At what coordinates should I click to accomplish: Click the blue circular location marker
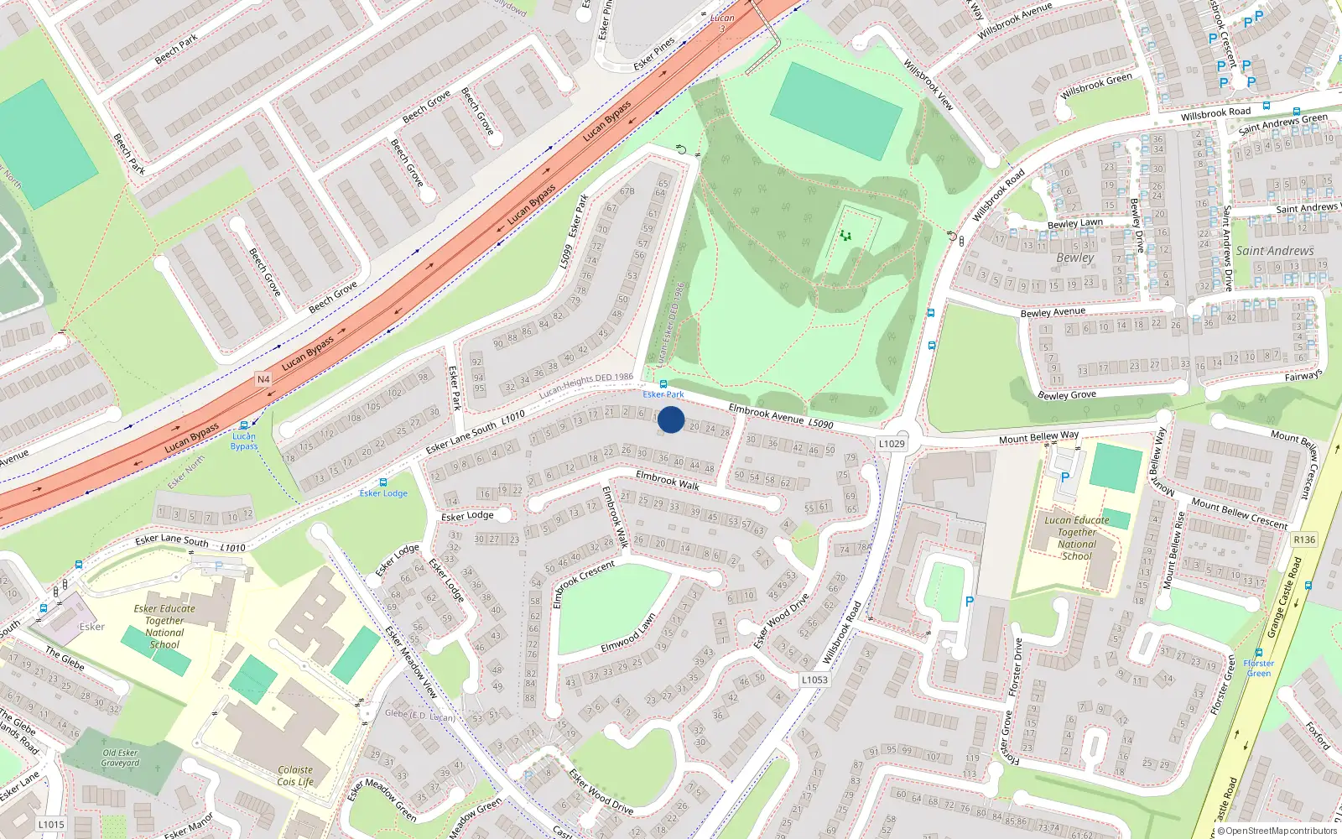pos(671,419)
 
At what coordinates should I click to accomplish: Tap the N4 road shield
pos(263,379)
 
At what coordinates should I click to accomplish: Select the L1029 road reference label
pos(892,443)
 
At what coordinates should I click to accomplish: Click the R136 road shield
pos(1304,539)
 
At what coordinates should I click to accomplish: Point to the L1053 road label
pos(814,680)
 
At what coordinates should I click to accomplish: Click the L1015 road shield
pos(51,824)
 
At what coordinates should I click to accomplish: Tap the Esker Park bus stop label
pos(663,394)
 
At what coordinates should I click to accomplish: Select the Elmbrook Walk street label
pos(668,480)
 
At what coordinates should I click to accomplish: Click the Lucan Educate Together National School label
pos(1077,538)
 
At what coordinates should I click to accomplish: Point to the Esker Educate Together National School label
pos(164,627)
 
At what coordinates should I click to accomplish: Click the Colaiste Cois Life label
pos(295,775)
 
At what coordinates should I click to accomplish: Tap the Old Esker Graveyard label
pos(120,758)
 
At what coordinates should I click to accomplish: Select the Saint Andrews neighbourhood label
pos(1274,251)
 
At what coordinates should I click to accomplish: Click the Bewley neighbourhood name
pos(1074,258)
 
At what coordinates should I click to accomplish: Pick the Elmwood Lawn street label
pos(628,633)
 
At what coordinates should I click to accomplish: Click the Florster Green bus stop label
pos(1258,668)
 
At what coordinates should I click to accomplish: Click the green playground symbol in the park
pos(845,236)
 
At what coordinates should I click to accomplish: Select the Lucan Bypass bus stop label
pos(244,440)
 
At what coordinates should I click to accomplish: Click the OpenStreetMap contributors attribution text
pos(1277,831)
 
